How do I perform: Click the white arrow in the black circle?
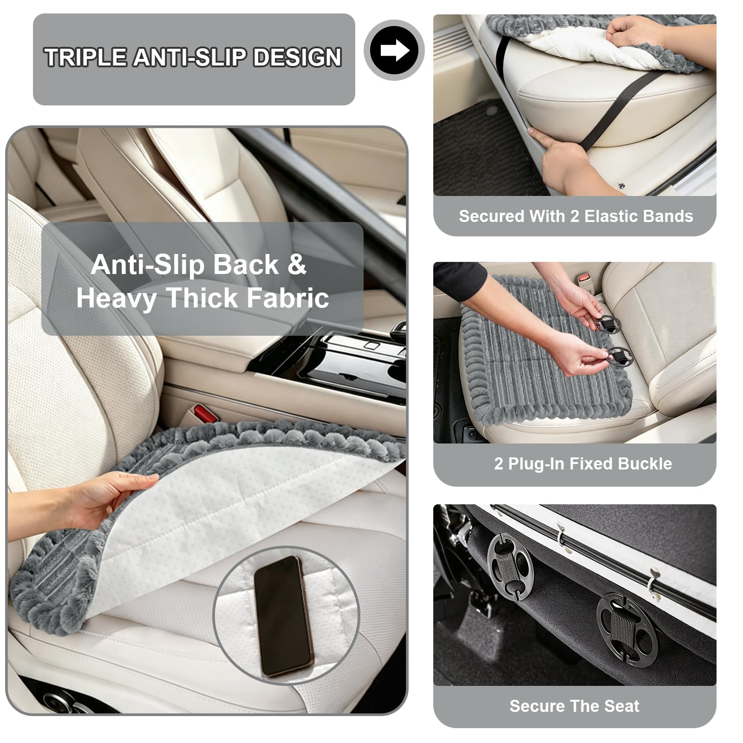tap(395, 50)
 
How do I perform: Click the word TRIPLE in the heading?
tap(85, 58)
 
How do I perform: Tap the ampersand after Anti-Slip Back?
tap(297, 264)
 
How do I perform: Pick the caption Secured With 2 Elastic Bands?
tap(576, 216)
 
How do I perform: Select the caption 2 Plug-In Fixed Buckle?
tap(583, 463)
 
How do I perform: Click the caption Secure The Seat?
tap(574, 706)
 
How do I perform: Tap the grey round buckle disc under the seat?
tap(510, 567)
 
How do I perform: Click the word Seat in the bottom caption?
tap(622, 706)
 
